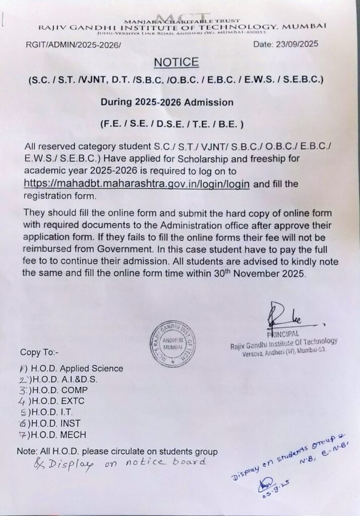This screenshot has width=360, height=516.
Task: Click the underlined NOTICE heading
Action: [176, 62]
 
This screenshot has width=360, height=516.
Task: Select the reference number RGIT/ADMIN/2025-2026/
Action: [73, 45]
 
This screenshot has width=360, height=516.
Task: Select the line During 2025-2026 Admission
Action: [167, 102]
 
